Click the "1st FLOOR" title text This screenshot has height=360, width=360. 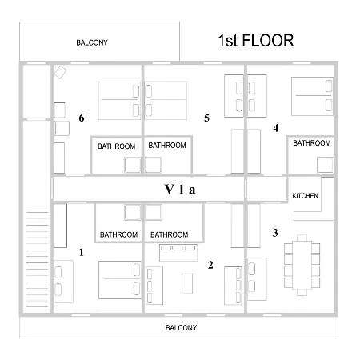click(x=256, y=41)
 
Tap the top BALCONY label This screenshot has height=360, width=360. click(x=92, y=42)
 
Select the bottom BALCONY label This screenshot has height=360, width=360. click(x=181, y=327)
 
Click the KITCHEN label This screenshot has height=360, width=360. click(x=305, y=196)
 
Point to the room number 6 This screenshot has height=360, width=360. click(x=82, y=118)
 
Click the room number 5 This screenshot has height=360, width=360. click(x=206, y=118)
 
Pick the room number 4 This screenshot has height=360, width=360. click(x=276, y=128)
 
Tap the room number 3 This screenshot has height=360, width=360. click(x=275, y=233)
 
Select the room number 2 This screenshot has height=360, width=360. click(x=210, y=265)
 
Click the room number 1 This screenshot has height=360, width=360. click(x=82, y=252)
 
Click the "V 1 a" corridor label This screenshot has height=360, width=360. click(x=180, y=190)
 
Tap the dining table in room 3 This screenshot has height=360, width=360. click(x=302, y=265)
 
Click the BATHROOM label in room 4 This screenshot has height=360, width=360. click(x=312, y=143)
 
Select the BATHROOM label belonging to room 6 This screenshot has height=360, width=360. click(x=117, y=146)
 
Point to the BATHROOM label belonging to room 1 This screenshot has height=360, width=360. click(x=118, y=234)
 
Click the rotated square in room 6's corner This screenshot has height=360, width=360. click(x=60, y=72)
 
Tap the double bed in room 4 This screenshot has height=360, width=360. click(x=312, y=96)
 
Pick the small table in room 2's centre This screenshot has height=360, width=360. click(x=187, y=283)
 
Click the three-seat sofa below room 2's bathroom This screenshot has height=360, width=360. click(x=178, y=253)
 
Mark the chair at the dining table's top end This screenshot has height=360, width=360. click(x=302, y=238)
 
